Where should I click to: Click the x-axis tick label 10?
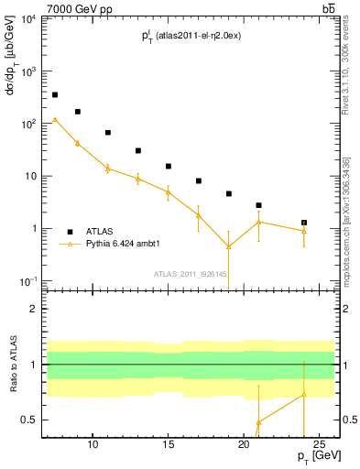[93, 445]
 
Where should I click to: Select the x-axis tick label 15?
[168, 445]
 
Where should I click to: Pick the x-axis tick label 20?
[243, 445]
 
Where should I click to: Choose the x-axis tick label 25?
[319, 445]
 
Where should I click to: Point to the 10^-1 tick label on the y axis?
[30, 280]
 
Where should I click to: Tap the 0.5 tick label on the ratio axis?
[30, 420]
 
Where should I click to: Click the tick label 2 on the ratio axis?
[36, 309]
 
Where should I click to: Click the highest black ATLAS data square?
[55, 94]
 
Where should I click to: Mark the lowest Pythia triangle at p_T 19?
[228, 246]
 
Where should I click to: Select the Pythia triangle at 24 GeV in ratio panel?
[303, 395]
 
